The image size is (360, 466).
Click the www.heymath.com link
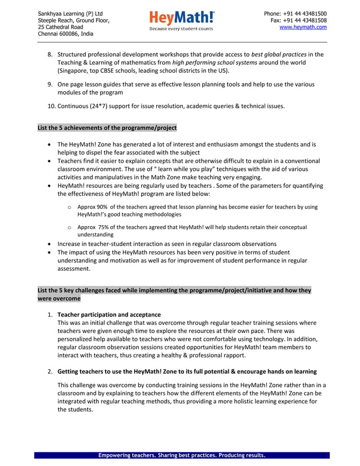[x=303, y=27]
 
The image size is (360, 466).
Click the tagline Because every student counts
[x=181, y=28]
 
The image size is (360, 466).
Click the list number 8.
[x=50, y=54]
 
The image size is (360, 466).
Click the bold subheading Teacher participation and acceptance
[x=109, y=314]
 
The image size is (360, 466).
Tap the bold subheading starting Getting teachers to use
[x=186, y=371]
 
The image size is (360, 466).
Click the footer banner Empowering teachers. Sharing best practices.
[x=181, y=455]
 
